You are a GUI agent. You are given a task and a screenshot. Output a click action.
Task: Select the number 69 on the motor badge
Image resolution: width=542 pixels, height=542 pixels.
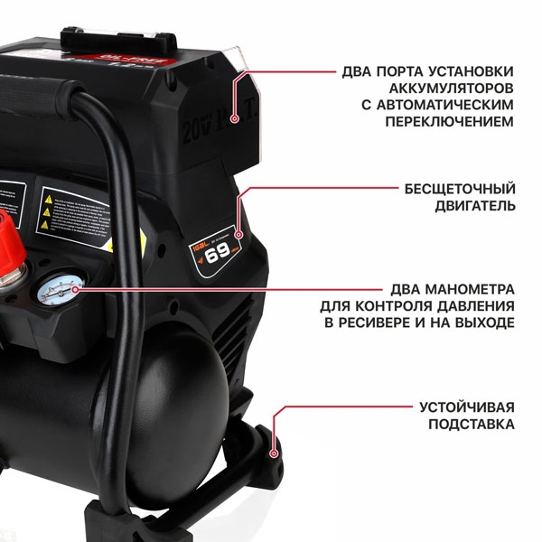[x=219, y=253]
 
